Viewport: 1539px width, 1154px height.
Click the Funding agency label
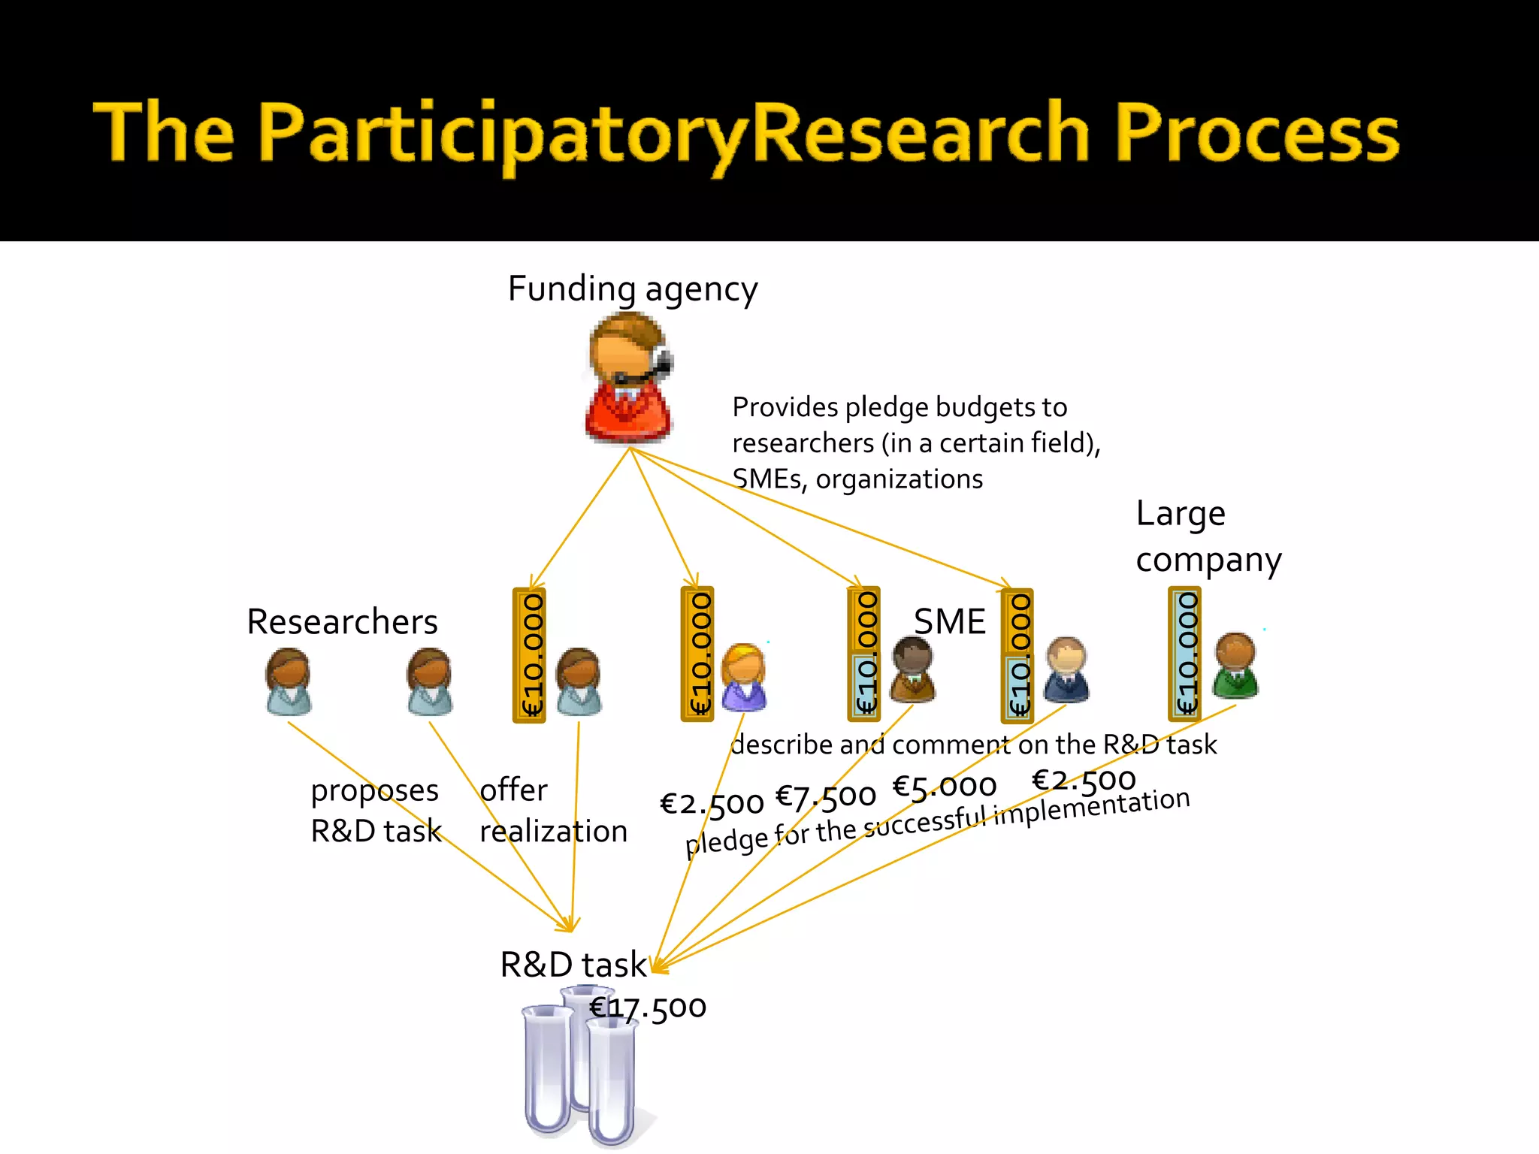point(633,289)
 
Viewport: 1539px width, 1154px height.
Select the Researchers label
point(342,622)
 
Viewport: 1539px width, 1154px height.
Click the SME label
point(949,622)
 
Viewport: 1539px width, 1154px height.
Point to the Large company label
point(1207,536)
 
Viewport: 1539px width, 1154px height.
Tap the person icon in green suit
point(1235,666)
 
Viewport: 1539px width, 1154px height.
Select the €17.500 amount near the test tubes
point(648,1007)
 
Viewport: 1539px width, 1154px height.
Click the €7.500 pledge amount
point(825,796)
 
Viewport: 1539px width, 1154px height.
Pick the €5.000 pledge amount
point(944,787)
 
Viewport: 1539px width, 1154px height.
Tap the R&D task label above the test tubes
point(573,965)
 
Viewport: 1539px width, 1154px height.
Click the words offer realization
point(552,811)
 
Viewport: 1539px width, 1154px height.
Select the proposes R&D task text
point(376,811)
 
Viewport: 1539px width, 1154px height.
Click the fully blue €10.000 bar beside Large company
point(1185,654)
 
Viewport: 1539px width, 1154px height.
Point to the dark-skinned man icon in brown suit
point(912,669)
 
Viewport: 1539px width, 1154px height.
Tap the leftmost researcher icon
point(289,681)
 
